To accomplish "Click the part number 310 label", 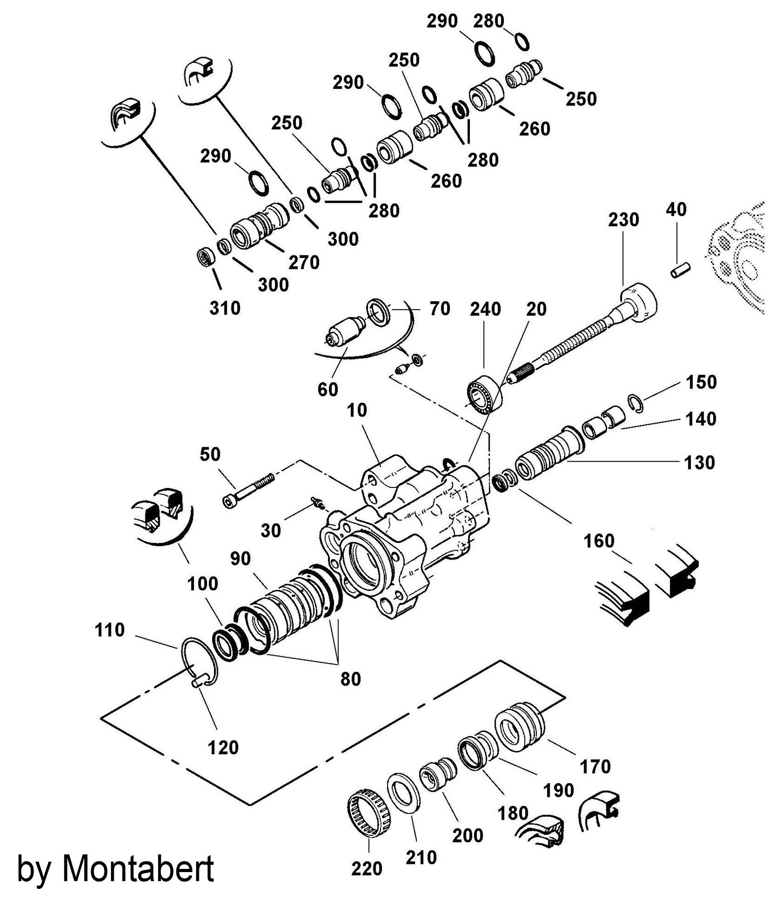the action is pos(225,308).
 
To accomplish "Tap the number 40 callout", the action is pos(677,210).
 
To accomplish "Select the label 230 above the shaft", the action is pos(623,219).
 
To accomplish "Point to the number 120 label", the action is pos(223,747).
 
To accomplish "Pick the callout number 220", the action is pos(367,869).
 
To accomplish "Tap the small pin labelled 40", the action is pos(680,270).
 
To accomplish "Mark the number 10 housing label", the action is pos(357,410).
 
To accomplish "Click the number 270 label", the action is pos(304,262).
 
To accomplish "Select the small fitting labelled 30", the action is pos(319,503).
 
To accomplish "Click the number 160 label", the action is pos(599,541).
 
